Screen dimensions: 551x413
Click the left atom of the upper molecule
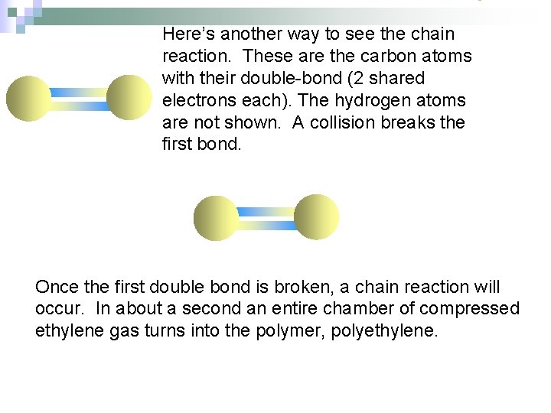(x=29, y=99)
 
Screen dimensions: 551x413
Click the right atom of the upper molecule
(x=129, y=99)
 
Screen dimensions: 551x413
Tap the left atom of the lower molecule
(x=217, y=218)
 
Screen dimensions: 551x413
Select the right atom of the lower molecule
(x=315, y=217)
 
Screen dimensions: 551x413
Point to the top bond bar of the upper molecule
(x=79, y=93)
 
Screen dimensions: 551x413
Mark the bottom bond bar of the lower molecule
(x=266, y=225)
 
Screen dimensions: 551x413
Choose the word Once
(x=57, y=288)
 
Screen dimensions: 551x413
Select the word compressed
(x=470, y=309)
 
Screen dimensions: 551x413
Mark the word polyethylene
(x=384, y=331)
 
